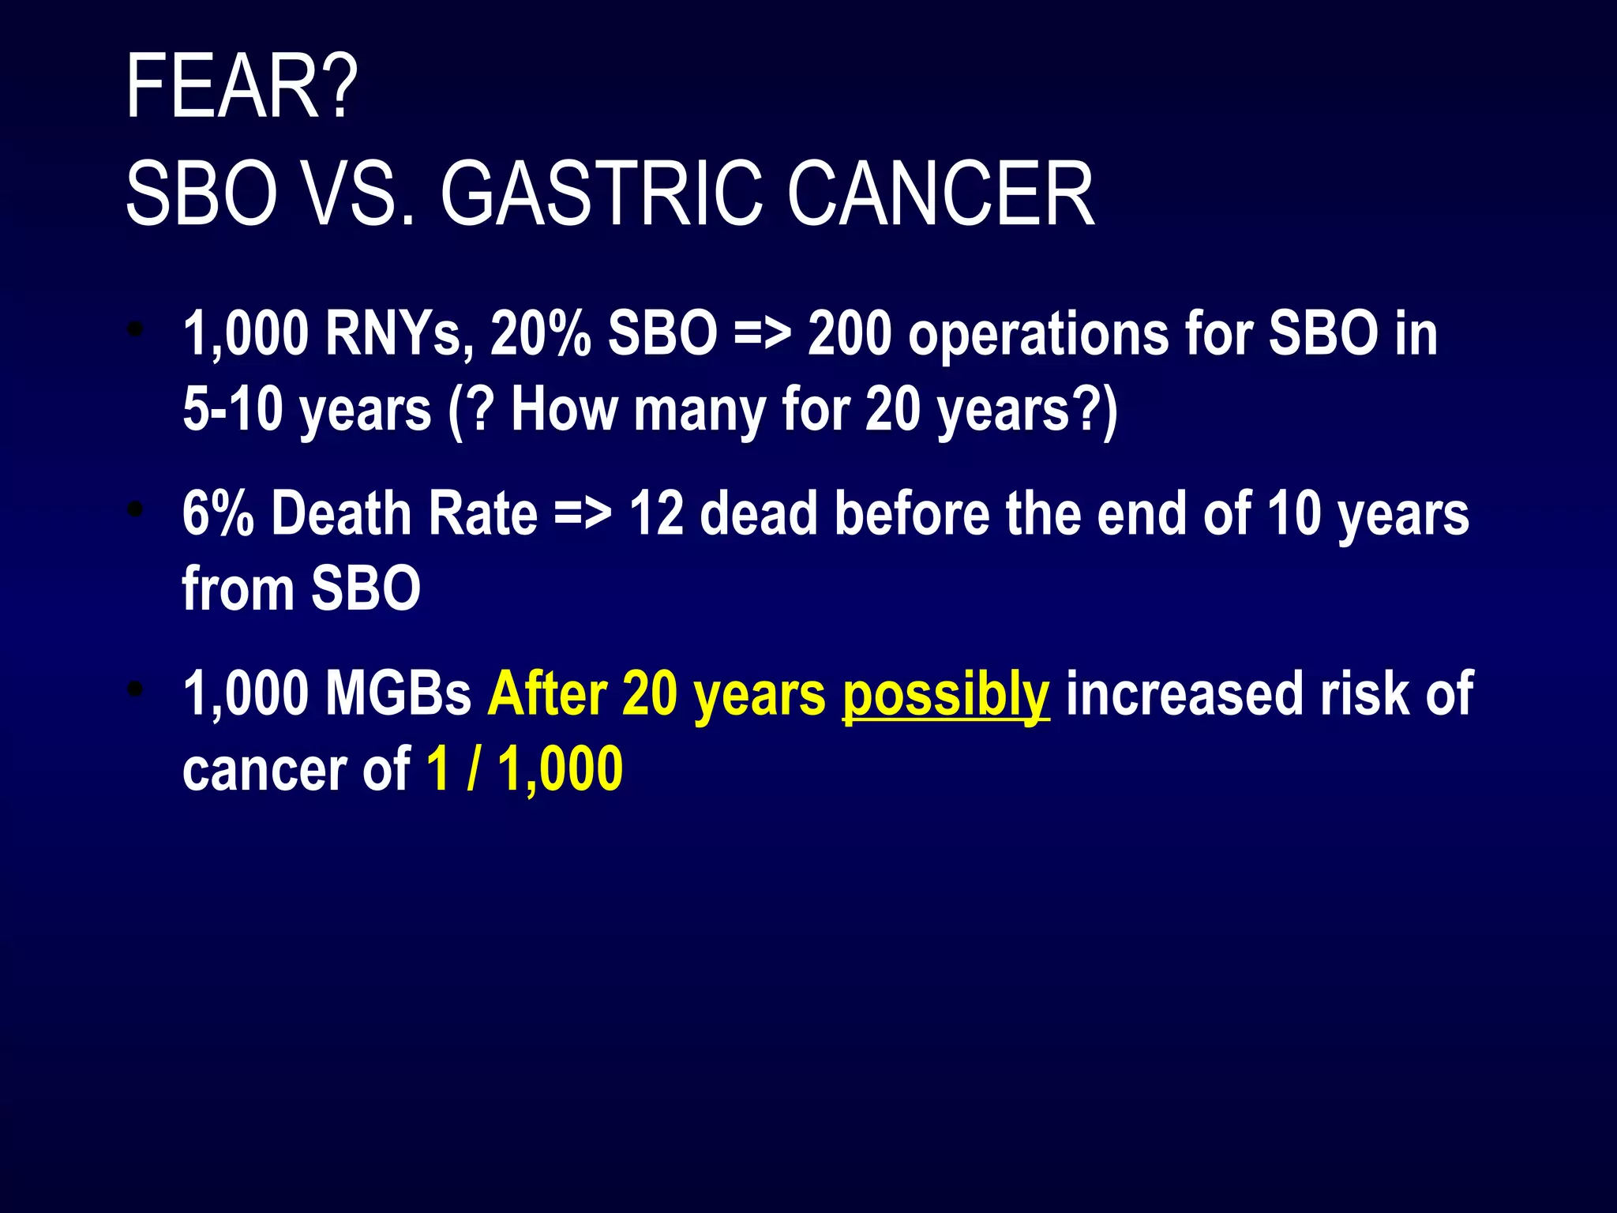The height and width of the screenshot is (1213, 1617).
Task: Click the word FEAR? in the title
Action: coord(242,87)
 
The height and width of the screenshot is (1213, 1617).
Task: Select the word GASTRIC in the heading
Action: coord(601,194)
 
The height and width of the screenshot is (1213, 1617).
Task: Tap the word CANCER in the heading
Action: coord(940,194)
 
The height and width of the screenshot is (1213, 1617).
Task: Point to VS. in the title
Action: coord(360,194)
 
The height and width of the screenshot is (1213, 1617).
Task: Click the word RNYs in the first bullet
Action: coord(399,334)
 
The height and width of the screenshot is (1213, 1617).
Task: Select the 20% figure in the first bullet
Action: coord(540,334)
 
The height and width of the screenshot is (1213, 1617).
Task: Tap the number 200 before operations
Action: coord(850,334)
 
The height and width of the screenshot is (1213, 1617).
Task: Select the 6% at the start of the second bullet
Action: coord(218,513)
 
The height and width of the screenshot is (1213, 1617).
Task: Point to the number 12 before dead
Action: coord(656,513)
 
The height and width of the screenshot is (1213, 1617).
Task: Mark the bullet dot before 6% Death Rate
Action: coord(137,510)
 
